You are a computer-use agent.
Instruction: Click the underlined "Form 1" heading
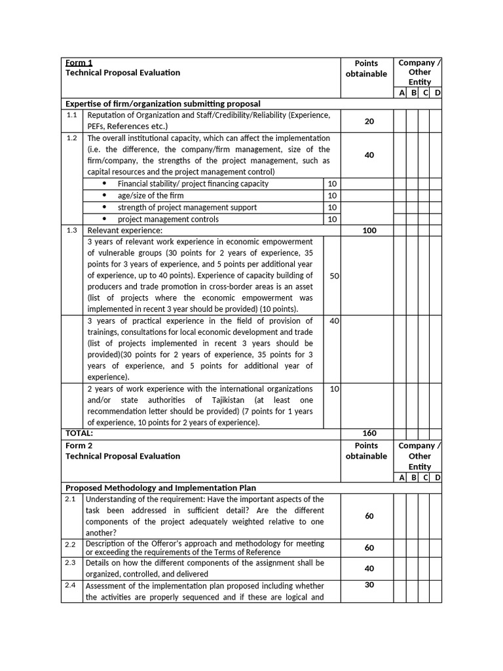tap(79, 63)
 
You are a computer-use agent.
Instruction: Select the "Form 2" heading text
tap(79, 446)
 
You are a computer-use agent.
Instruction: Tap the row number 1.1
tap(72, 115)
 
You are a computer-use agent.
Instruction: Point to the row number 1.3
tap(72, 230)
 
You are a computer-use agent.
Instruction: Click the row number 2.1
tap(72, 499)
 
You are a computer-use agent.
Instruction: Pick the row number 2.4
tap(72, 585)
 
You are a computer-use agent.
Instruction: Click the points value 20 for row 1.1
tap(369, 121)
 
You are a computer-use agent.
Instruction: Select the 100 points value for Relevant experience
tap(369, 231)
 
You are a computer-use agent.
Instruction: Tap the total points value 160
tap(369, 433)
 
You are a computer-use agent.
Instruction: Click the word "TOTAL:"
tap(79, 433)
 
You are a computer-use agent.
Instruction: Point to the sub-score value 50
tap(334, 276)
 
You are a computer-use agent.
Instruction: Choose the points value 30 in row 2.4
tap(369, 585)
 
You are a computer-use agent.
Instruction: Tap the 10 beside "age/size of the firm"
tap(332, 195)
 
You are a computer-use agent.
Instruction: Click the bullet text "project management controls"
tap(168, 219)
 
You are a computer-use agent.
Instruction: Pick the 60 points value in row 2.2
tap(369, 548)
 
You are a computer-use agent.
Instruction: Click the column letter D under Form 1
tap(437, 93)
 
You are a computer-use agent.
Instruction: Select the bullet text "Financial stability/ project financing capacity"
tap(193, 183)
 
